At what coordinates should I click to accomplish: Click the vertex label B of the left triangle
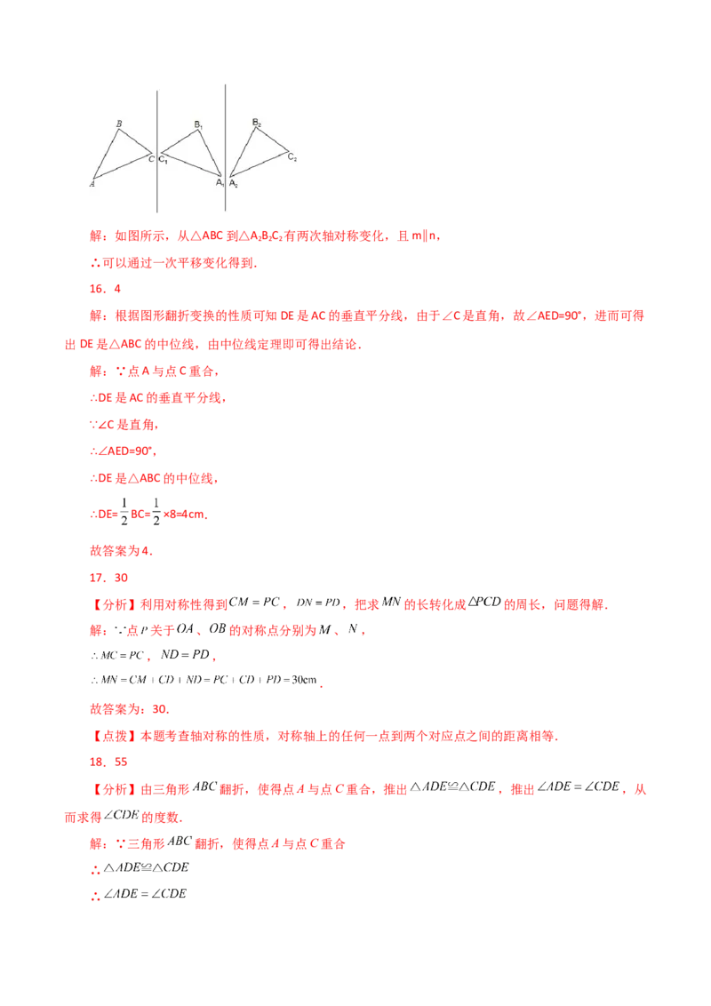118,124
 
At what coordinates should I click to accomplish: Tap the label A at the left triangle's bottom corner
92,184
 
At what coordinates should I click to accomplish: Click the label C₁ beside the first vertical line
164,159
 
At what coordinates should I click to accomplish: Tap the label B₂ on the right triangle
256,122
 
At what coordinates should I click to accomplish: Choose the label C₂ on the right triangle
292,157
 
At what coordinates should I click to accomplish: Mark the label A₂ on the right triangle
234,184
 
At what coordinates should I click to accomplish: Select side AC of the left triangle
124,167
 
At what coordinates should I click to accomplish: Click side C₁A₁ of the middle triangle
191,165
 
